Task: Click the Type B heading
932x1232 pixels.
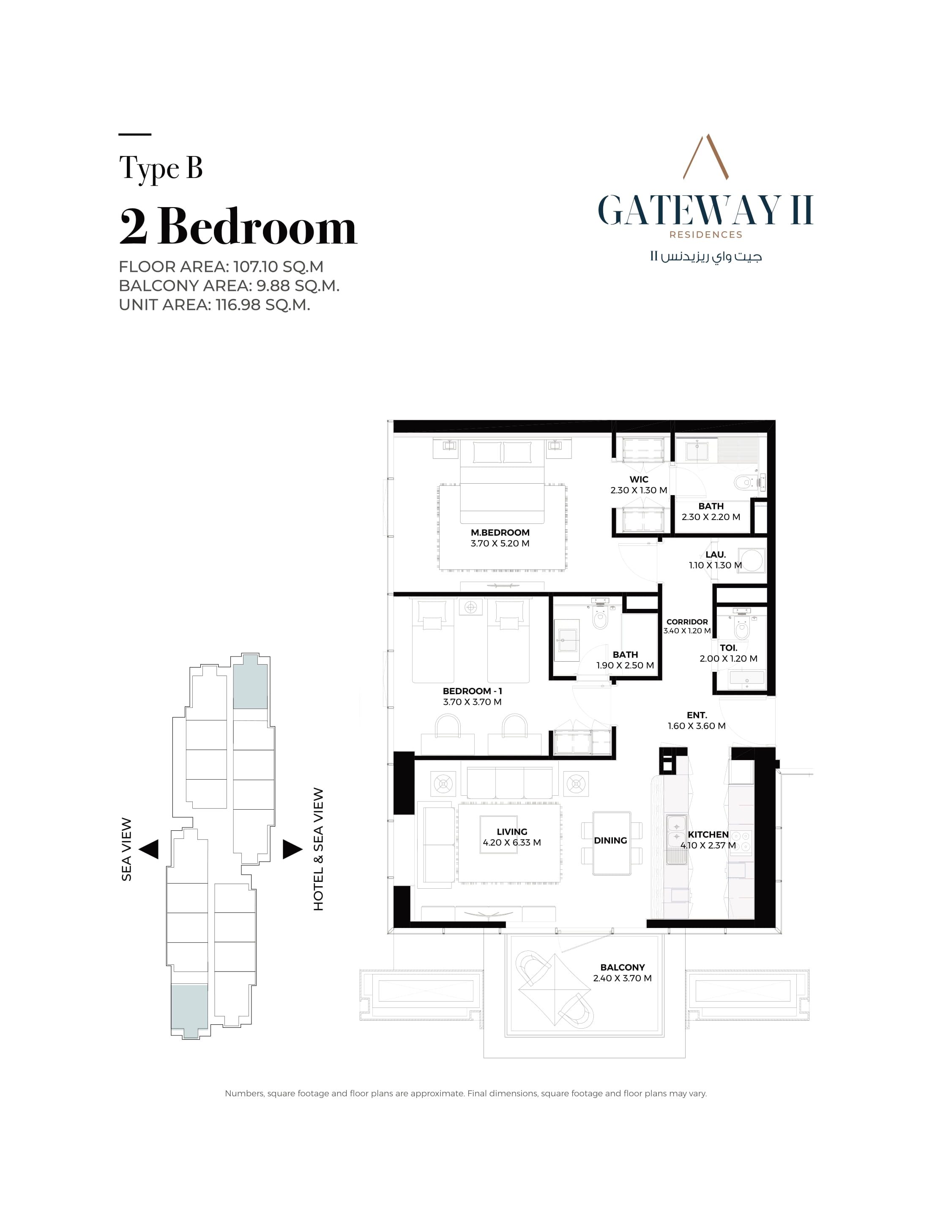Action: [x=161, y=168]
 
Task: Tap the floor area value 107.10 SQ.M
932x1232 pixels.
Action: [x=278, y=267]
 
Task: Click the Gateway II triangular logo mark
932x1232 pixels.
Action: [x=706, y=156]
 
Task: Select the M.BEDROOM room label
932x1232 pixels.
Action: [x=500, y=532]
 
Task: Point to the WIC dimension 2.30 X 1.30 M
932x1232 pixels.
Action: [x=639, y=490]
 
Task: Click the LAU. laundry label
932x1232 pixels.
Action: [x=716, y=554]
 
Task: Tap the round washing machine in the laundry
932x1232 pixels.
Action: [x=752, y=561]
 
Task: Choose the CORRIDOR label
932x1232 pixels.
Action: [x=687, y=621]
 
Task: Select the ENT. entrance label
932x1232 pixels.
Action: [x=697, y=715]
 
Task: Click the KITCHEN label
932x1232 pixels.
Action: [x=708, y=834]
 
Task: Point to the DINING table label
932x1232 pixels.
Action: [x=610, y=840]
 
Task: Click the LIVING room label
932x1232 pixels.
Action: [x=512, y=832]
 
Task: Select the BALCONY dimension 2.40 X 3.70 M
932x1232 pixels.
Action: [x=623, y=978]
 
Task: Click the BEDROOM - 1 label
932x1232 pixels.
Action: [x=472, y=691]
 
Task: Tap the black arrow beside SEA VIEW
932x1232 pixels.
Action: [x=149, y=849]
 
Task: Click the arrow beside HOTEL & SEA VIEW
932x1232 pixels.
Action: [x=292, y=849]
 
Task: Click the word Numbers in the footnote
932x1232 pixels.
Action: [x=244, y=1093]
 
